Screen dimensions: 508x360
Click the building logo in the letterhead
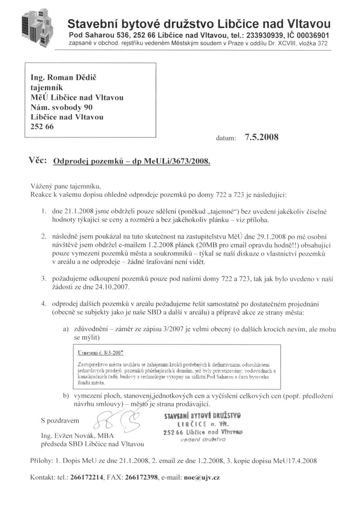[37, 28]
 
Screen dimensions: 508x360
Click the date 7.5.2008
[262, 138]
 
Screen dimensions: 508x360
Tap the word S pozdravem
[60, 421]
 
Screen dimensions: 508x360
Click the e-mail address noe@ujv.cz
[202, 477]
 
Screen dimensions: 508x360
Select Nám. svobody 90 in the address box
[62, 107]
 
